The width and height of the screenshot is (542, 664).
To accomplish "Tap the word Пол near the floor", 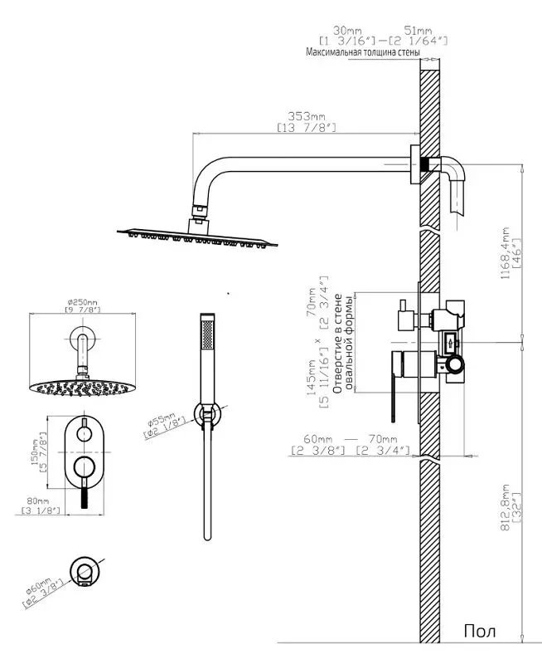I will [480, 632].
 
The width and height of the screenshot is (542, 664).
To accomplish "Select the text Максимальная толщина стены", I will [362, 52].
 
